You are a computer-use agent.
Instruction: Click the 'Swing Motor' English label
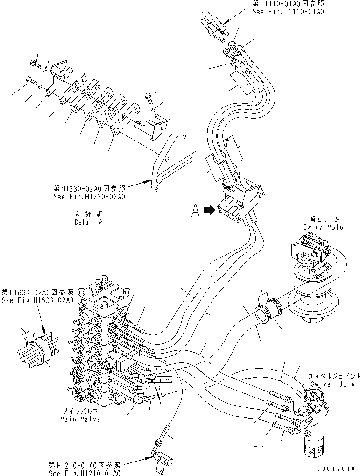[x=325, y=227]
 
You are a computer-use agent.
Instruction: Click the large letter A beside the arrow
[x=196, y=211]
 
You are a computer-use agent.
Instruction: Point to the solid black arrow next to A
[x=210, y=211]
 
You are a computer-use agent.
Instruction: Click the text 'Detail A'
[x=88, y=222]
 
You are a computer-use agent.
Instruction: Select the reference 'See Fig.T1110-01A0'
[x=288, y=12]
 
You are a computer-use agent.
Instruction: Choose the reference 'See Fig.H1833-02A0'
[x=37, y=300]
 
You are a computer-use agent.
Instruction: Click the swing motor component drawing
[x=313, y=280]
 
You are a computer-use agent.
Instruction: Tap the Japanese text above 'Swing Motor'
[x=326, y=219]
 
